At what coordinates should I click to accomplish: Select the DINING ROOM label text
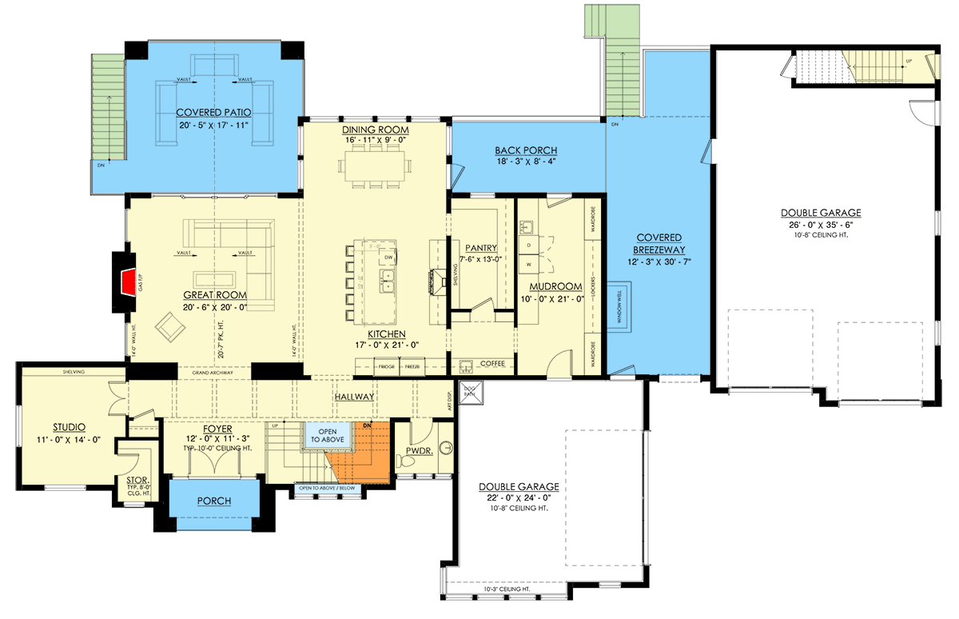pos(375,130)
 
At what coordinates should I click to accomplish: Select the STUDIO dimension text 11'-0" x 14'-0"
pos(69,439)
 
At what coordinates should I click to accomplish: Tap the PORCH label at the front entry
pos(213,501)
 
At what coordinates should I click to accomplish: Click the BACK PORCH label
pos(526,150)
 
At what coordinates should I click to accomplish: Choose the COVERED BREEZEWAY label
pos(659,243)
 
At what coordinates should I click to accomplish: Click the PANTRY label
pos(482,248)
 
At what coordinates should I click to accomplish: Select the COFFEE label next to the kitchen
pos(491,364)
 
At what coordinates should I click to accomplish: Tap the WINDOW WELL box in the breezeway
pos(620,306)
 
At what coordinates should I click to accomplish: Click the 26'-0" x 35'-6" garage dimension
pos(821,225)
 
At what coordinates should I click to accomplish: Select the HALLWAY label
pos(354,397)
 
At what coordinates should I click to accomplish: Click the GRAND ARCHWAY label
pos(213,373)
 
